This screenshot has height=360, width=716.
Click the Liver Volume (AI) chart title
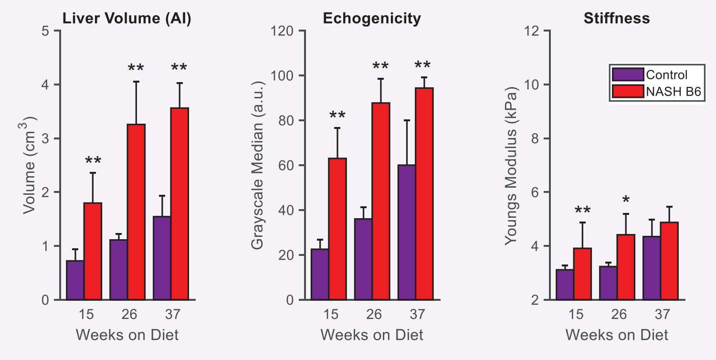[x=127, y=19]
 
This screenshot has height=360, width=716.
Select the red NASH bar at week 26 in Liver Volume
[x=136, y=212]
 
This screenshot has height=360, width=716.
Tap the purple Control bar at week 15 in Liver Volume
[x=75, y=280]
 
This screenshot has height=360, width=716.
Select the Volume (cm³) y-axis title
[x=31, y=165]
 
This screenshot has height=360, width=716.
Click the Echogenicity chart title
[x=372, y=19]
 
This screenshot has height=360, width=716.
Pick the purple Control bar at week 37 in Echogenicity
[x=406, y=233]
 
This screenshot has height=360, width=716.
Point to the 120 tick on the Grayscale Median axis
[x=283, y=31]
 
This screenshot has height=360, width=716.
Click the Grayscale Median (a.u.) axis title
[x=258, y=165]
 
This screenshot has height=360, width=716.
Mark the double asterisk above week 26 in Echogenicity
[x=380, y=66]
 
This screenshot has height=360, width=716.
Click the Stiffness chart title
[x=616, y=19]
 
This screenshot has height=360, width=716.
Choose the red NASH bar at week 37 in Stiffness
[x=669, y=261]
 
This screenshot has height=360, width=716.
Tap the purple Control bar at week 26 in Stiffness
[x=608, y=283]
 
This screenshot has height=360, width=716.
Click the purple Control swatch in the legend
[x=628, y=75]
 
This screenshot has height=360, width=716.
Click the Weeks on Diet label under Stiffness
[x=617, y=335]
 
